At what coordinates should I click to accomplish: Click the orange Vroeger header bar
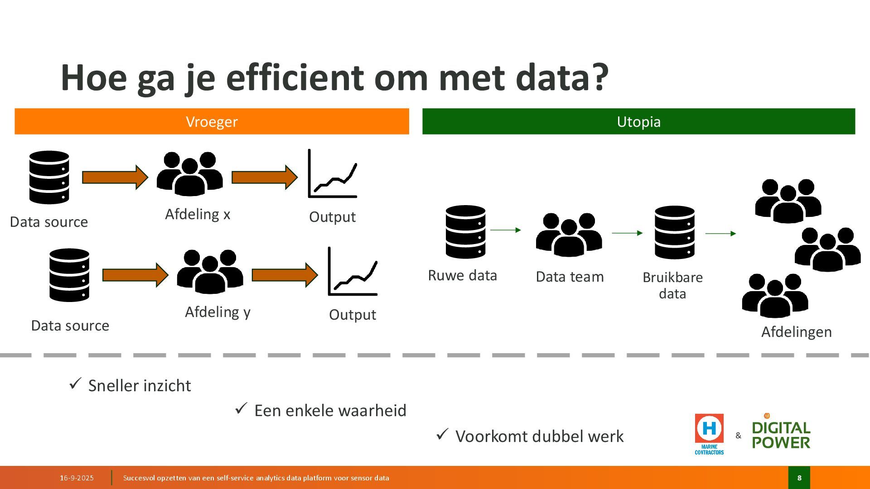[212, 121]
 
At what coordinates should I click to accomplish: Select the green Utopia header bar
[638, 121]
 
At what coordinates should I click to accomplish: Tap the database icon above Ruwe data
[465, 232]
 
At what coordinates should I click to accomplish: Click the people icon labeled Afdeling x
[189, 174]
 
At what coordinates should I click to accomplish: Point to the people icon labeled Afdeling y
[210, 272]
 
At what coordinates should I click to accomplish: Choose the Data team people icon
[569, 235]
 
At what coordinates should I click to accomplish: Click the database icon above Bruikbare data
[674, 232]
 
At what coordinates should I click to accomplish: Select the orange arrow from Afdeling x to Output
[264, 177]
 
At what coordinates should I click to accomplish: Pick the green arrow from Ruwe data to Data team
[505, 230]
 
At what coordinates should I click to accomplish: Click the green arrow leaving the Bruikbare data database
[720, 234]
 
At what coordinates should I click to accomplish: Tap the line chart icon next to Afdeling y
[353, 272]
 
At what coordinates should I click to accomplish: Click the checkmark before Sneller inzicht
[75, 384]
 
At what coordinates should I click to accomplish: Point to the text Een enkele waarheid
[330, 410]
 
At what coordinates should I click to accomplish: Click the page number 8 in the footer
[799, 478]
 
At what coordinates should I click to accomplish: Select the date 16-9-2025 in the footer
[77, 478]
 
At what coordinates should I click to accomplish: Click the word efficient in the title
[295, 78]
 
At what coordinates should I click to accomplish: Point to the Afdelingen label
[796, 332]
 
